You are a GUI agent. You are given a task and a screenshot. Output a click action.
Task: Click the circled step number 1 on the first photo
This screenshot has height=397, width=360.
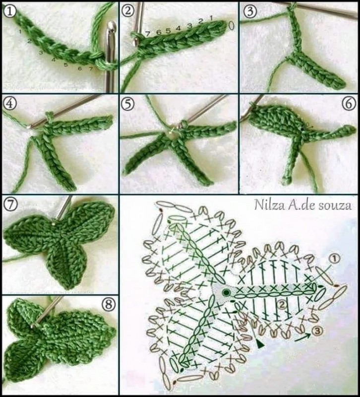click(9, 11)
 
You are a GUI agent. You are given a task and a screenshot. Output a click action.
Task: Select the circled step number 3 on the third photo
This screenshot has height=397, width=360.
click(250, 11)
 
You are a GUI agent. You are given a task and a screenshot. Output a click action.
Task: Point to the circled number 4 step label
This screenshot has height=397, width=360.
click(9, 104)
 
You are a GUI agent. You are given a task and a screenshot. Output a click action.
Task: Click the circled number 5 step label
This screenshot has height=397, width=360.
click(128, 104)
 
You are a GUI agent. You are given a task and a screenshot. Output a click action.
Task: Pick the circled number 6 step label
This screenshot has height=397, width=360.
click(349, 104)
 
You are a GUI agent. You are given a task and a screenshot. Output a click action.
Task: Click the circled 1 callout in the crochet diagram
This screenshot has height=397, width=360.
click(334, 259)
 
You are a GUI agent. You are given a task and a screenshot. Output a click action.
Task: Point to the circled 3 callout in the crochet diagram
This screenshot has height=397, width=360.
click(317, 331)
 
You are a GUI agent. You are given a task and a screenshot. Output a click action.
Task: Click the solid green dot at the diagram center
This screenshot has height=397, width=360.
click(226, 293)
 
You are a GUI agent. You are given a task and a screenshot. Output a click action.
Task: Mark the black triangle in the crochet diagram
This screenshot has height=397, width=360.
click(259, 344)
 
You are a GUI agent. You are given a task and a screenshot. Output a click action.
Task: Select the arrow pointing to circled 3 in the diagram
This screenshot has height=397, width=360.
click(302, 337)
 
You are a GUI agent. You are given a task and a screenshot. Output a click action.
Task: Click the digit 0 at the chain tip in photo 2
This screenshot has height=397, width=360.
click(231, 25)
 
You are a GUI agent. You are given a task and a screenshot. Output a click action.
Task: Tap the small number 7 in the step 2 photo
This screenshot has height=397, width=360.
click(148, 33)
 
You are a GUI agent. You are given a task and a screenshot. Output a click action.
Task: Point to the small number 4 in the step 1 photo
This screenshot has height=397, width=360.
click(54, 60)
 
